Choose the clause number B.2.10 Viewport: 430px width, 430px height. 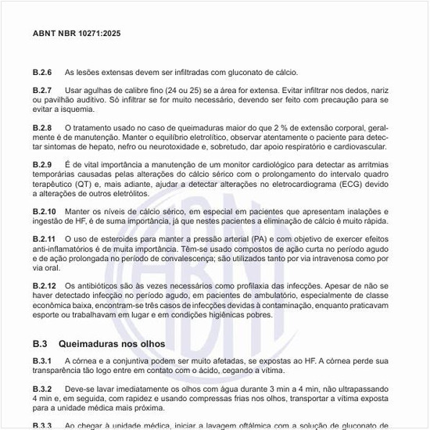pyautogui.click(x=45, y=211)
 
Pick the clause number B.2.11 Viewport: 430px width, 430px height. pyautogui.click(x=45, y=238)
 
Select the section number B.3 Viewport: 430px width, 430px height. pyautogui.click(x=41, y=343)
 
